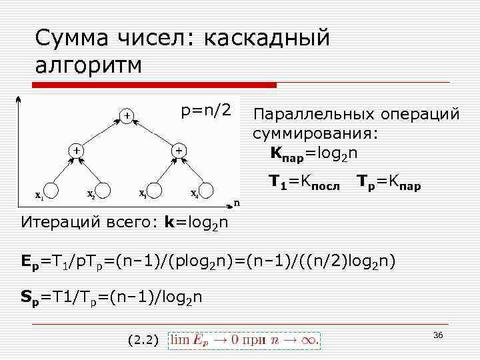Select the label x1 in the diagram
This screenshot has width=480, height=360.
point(40,196)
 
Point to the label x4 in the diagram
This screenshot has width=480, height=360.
point(194,195)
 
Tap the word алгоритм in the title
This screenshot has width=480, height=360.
point(87,66)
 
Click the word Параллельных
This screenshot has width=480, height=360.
point(307,114)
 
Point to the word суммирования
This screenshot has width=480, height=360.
point(315,133)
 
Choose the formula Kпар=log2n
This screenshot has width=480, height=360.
point(313,154)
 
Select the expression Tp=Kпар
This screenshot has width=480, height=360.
point(389,181)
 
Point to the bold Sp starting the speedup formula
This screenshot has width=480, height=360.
point(31,298)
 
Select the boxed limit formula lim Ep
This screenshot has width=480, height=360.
point(245,339)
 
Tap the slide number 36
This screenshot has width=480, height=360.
point(438,335)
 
